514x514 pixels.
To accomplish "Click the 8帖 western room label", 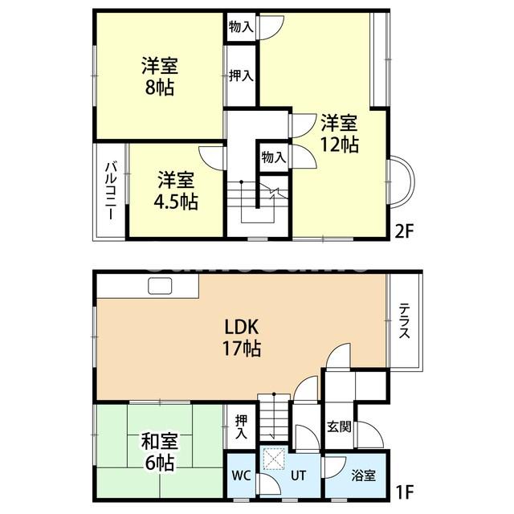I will pyautogui.click(x=160, y=75).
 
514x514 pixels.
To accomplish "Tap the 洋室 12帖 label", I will pyautogui.click(x=340, y=133).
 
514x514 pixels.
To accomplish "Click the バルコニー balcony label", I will pyautogui.click(x=110, y=190).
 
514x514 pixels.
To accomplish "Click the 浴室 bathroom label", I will pyautogui.click(x=364, y=475).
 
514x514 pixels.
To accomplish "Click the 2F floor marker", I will pyautogui.click(x=403, y=232).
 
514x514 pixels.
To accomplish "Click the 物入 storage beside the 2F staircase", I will pyautogui.click(x=273, y=157).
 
